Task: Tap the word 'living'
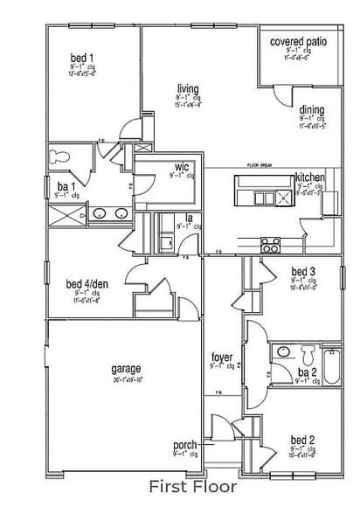coord(187,89)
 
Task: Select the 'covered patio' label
coord(298,41)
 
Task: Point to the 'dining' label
coord(312,110)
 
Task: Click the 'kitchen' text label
coord(309,177)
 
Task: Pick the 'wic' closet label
coord(182,166)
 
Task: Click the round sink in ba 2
coord(281,352)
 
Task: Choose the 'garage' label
coord(126,369)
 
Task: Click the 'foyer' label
coord(221,358)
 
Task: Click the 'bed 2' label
coord(302,439)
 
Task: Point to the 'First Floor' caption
coord(180,486)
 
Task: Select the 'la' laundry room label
coord(188,218)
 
